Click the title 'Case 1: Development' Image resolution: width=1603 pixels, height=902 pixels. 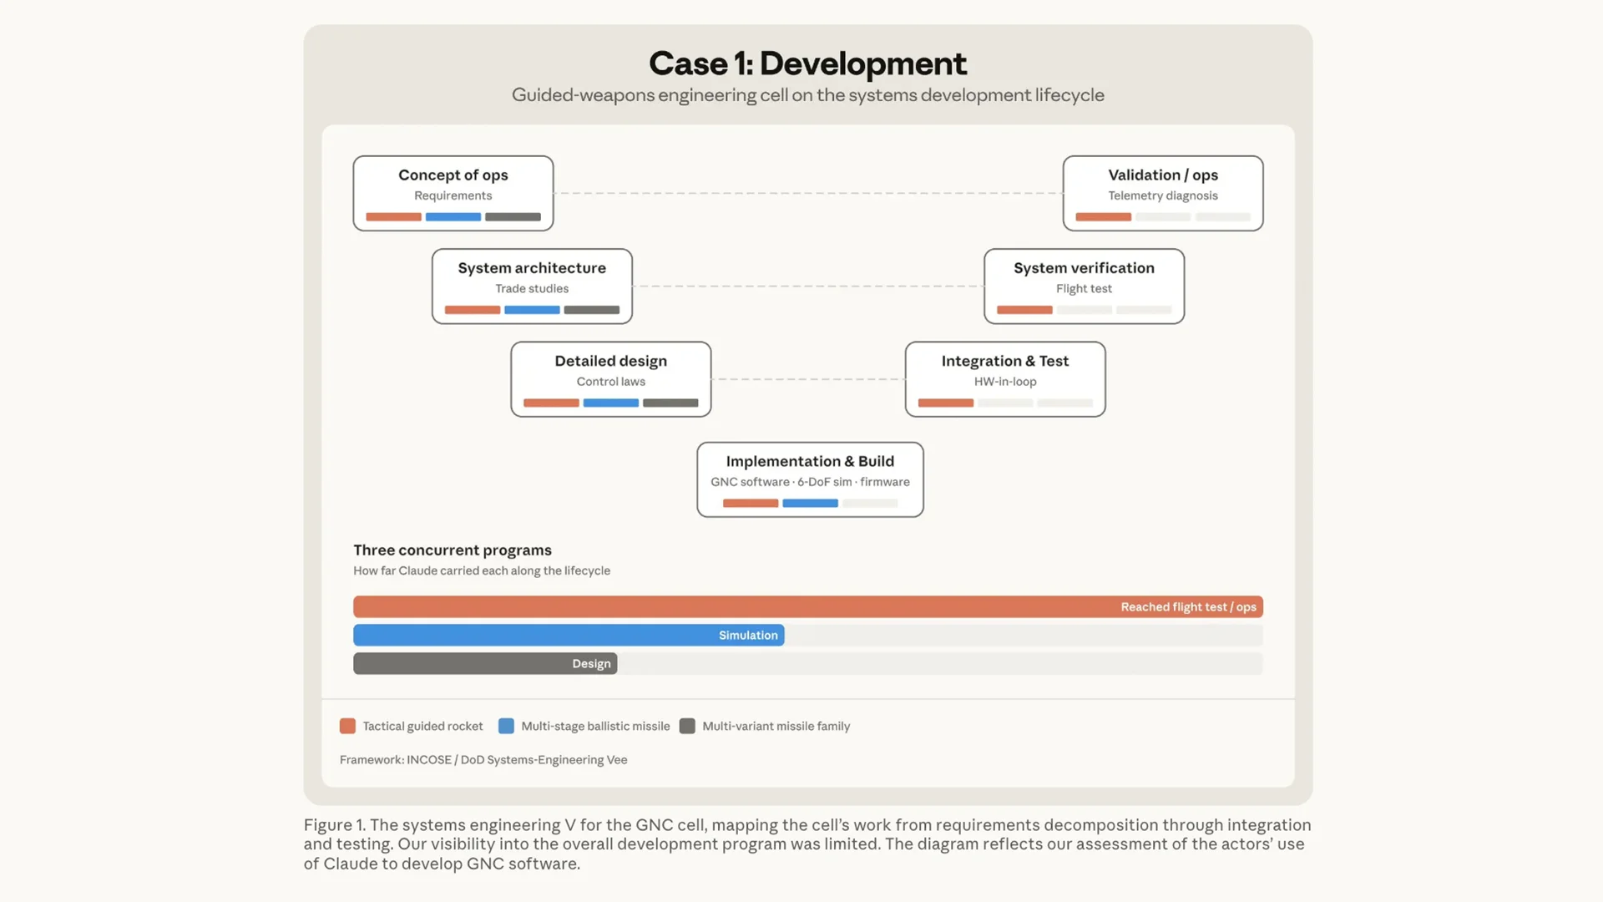click(807, 63)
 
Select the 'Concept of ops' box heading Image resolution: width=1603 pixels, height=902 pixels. click(453, 175)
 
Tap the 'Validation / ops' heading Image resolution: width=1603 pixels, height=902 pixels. click(1163, 175)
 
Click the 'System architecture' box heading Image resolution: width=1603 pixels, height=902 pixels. click(532, 267)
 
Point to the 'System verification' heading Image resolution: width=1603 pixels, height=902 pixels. click(1084, 267)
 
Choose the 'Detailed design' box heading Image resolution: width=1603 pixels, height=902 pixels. click(611, 361)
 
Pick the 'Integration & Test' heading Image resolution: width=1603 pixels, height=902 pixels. click(1005, 361)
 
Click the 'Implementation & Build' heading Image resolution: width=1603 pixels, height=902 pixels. click(810, 461)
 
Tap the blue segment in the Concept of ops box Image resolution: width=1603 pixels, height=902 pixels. click(453, 217)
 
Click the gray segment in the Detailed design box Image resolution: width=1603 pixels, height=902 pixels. click(670, 403)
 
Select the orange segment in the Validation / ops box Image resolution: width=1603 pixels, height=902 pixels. click(1103, 217)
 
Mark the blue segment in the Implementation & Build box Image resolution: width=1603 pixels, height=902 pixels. click(810, 504)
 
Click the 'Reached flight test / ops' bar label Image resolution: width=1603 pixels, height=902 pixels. click(1188, 607)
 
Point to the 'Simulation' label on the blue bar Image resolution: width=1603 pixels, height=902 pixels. click(748, 636)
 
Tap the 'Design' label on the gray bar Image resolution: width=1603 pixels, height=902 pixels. click(591, 664)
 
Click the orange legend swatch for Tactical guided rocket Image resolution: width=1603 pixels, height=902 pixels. click(347, 726)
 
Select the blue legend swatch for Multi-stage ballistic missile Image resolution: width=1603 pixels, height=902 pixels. click(506, 726)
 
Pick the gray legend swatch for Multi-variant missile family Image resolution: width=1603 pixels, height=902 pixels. click(687, 726)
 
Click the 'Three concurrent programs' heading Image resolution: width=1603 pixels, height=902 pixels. click(453, 550)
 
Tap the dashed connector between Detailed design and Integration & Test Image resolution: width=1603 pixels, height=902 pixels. click(808, 379)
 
